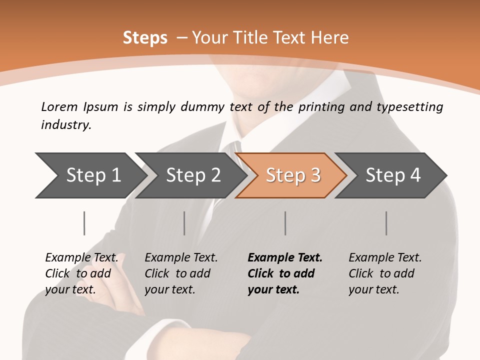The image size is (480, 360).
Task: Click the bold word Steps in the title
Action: [x=145, y=38]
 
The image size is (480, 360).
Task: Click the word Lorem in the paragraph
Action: [x=59, y=107]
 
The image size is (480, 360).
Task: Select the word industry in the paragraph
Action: [x=65, y=125]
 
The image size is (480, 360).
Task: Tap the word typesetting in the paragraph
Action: [x=406, y=107]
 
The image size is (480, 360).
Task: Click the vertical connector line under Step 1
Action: [x=84, y=223]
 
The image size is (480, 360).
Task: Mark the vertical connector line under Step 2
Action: [x=184, y=223]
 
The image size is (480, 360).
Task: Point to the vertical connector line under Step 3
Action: [x=285, y=223]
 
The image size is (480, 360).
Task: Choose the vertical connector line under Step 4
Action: [x=386, y=223]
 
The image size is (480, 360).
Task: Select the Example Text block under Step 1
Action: [x=81, y=273]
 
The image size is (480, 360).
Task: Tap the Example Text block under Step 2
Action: [x=181, y=273]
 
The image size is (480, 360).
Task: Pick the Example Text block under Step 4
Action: [x=385, y=273]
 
